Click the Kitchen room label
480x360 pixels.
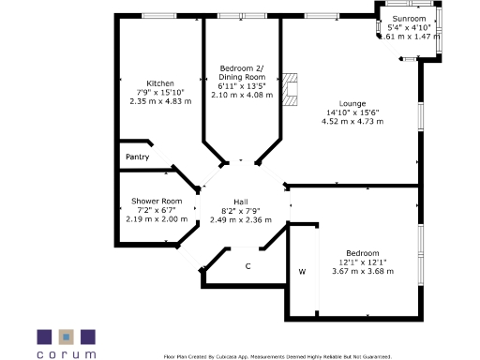click(x=159, y=82)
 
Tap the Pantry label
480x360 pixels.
click(x=137, y=157)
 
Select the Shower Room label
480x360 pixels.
click(x=157, y=201)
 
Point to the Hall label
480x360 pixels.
click(x=241, y=202)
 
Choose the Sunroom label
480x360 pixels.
click(x=409, y=19)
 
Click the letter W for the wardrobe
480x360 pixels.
click(x=302, y=272)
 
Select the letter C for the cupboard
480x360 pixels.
click(x=247, y=266)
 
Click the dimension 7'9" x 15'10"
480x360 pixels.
click(x=159, y=92)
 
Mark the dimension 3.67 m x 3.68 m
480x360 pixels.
click(x=362, y=271)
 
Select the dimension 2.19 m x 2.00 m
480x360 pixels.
click(x=157, y=218)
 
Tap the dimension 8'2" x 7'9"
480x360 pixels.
click(x=241, y=211)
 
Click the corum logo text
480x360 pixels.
click(x=66, y=355)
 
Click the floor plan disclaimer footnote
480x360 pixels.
click(x=277, y=356)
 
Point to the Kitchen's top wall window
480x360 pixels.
click(x=157, y=15)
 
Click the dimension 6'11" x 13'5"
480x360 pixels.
click(x=241, y=86)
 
